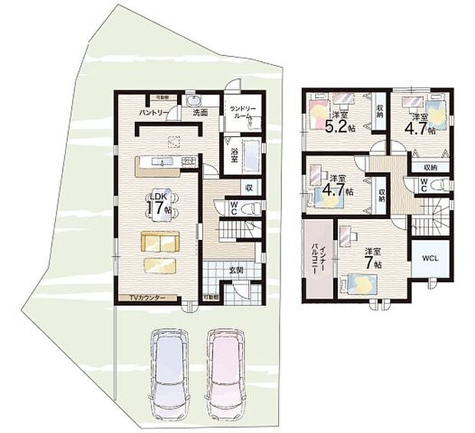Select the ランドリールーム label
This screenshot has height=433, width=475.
246,114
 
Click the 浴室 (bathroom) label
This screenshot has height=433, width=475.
234,153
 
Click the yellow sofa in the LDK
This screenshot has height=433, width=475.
159,243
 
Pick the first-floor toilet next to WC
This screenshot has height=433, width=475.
254,208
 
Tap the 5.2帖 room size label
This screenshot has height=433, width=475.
339,126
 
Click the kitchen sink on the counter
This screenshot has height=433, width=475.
162,162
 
